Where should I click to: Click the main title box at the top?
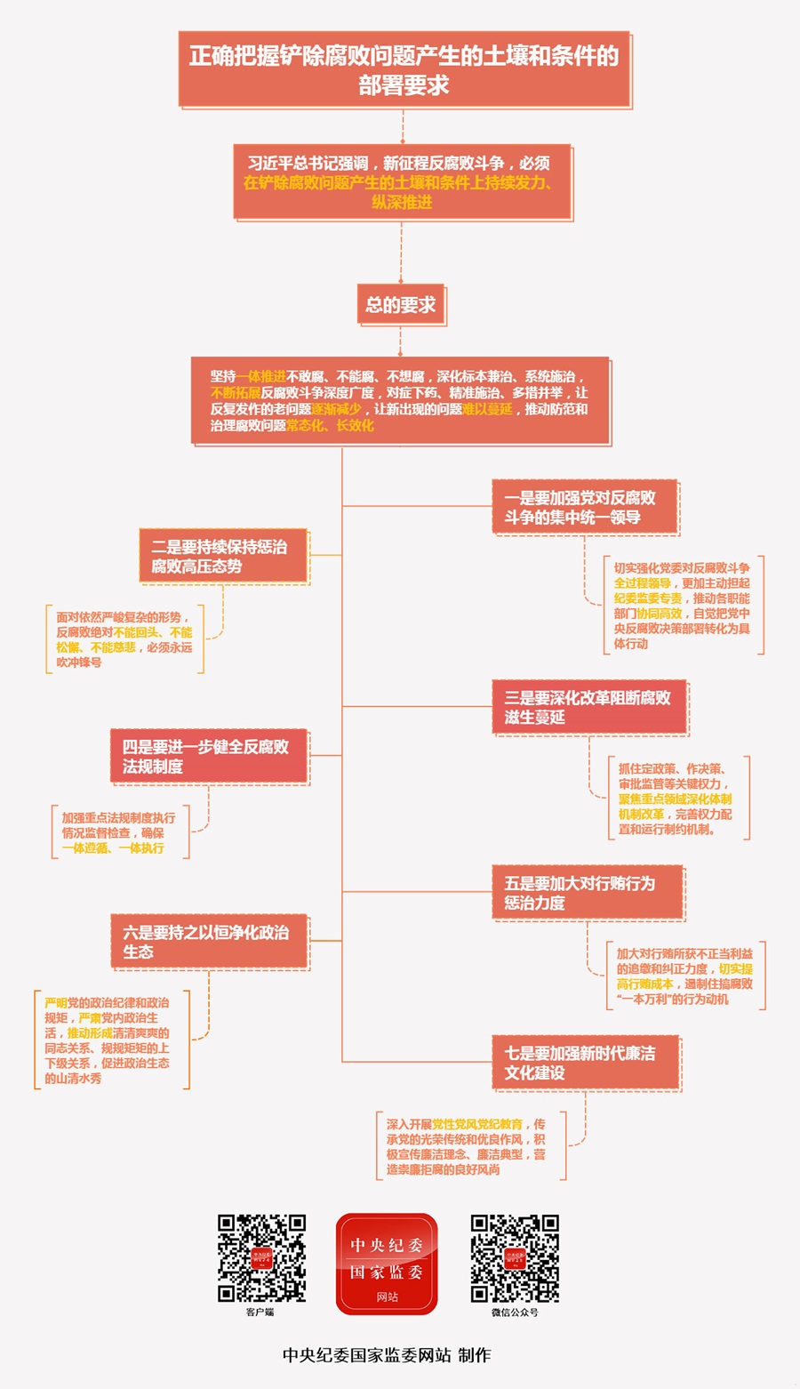pos(404,69)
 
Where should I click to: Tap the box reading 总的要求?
pos(401,305)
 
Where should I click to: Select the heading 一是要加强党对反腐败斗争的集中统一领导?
pos(585,507)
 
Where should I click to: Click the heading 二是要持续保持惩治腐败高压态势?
pos(224,556)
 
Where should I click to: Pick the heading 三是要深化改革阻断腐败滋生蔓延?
pos(589,707)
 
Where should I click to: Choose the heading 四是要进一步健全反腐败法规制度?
pos(209,756)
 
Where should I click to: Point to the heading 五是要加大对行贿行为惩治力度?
pos(588,892)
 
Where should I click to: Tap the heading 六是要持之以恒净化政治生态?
pos(209,941)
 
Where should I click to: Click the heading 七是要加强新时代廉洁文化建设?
pos(586,1063)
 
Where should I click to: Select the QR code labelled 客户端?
pos(262,1257)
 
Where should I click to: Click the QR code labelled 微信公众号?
pos(515,1257)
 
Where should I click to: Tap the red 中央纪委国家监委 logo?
pos(387,1264)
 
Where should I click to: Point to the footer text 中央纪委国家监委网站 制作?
pos(387,1355)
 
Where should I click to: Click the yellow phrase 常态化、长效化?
pos(330,426)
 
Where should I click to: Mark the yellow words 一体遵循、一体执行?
pos(113,848)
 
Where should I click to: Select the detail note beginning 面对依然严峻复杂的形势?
pos(124,639)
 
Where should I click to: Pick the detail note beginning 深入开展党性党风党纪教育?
pos(468,1147)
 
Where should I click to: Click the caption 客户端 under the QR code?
pos(260,1312)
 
